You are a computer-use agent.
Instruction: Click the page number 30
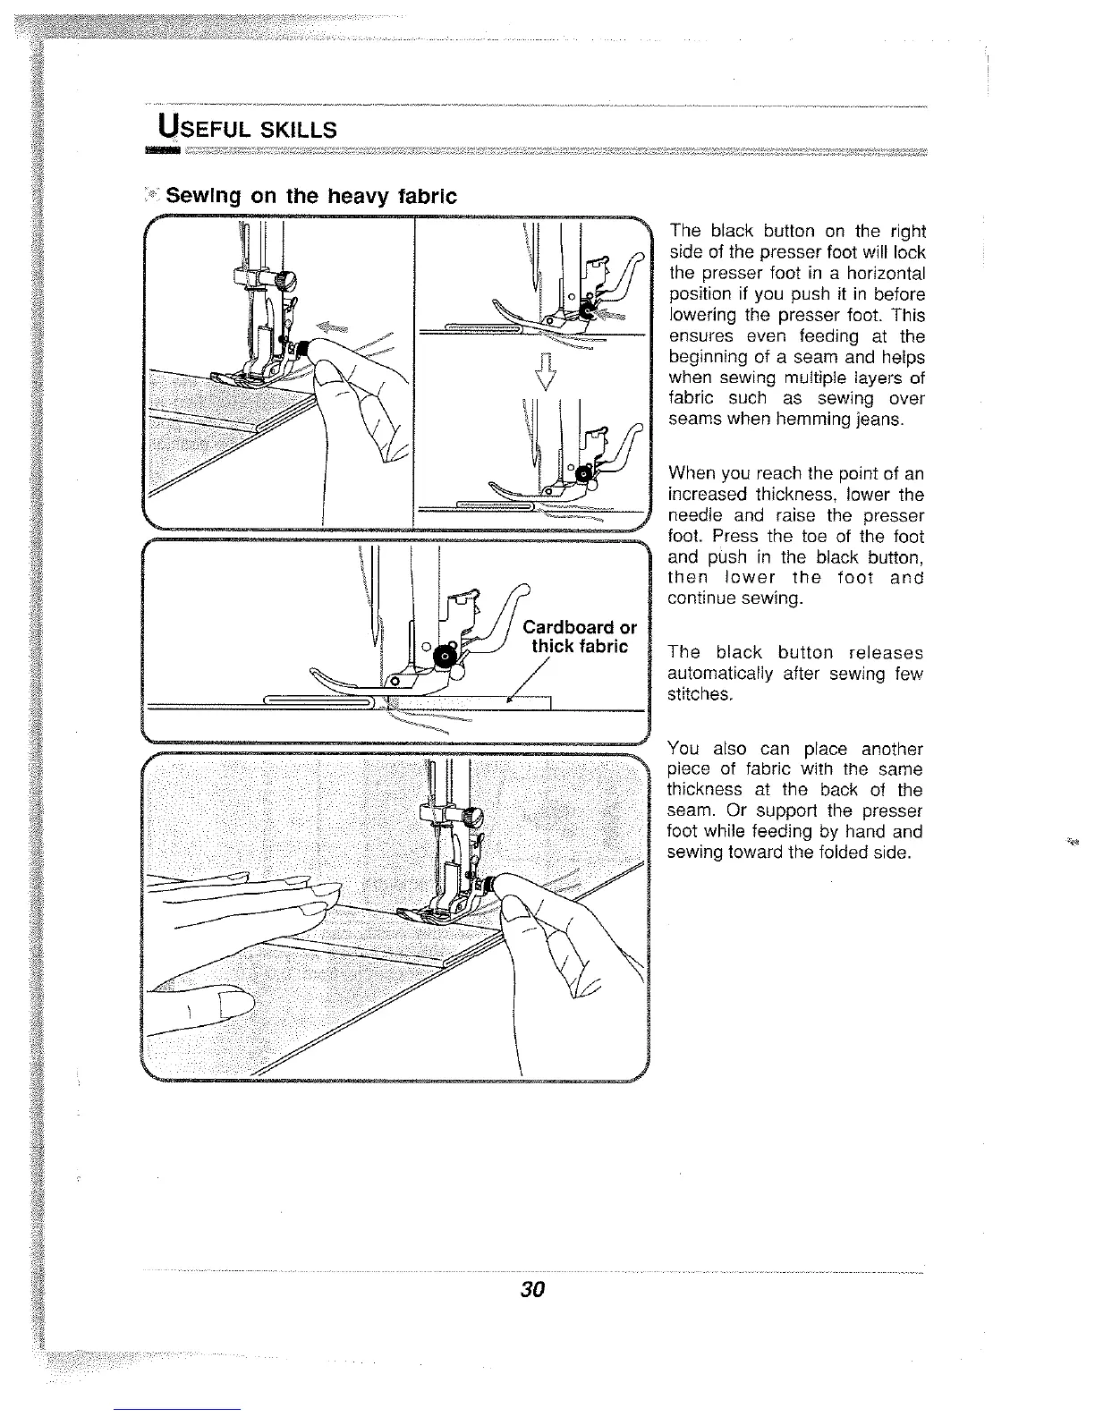(532, 1290)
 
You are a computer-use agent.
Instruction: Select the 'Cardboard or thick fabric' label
(580, 636)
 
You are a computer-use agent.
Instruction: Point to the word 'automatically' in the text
(724, 674)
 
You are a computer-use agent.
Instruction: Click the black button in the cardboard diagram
(444, 659)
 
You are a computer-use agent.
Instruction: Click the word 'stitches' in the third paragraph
(700, 694)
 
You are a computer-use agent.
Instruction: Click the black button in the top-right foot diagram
(587, 310)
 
